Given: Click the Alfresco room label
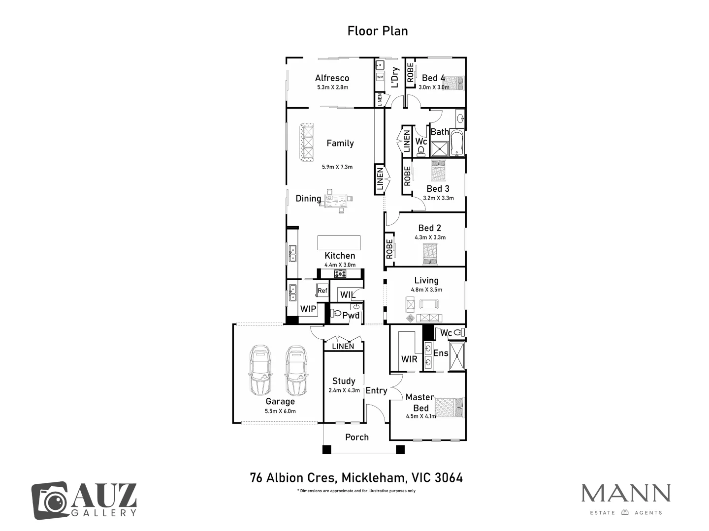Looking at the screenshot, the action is click(x=332, y=78).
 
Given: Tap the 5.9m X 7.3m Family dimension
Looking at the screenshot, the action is click(x=337, y=167).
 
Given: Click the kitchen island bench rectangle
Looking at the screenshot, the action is click(x=339, y=243).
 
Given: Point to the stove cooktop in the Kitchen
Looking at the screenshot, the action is click(x=340, y=274).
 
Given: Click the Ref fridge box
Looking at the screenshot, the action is click(x=322, y=291).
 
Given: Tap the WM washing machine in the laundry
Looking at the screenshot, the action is click(x=380, y=77).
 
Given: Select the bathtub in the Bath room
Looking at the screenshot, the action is click(x=457, y=143).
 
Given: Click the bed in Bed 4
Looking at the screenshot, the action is click(x=453, y=83).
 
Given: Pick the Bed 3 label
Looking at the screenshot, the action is click(x=438, y=189).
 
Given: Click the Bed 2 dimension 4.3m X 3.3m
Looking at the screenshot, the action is click(x=430, y=237).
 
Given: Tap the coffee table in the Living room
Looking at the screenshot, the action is click(x=429, y=304).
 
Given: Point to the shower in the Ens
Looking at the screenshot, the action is click(x=457, y=355).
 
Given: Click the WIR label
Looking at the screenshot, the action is click(x=409, y=359).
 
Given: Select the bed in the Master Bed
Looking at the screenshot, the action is click(x=449, y=408).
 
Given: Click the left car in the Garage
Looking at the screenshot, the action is click(x=260, y=370).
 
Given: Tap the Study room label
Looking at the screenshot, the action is click(x=344, y=381).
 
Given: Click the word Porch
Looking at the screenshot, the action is click(x=357, y=437).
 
